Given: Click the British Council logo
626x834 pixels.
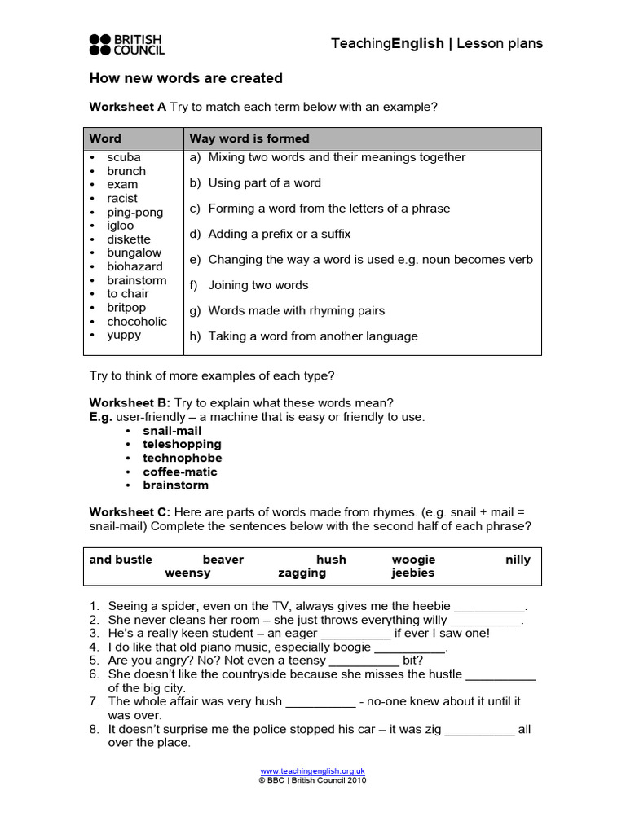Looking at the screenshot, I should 126,45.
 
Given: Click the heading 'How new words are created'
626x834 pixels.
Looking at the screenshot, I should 186,78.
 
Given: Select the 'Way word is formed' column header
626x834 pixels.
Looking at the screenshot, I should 249,138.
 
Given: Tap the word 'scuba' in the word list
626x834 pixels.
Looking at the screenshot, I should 124,157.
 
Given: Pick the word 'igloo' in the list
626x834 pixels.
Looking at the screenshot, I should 121,226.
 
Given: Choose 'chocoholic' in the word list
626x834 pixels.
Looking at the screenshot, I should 137,321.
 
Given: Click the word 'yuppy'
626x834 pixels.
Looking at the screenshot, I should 124,335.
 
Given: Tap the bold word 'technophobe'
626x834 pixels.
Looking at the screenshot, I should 183,458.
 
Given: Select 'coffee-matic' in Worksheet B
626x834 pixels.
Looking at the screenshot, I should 180,472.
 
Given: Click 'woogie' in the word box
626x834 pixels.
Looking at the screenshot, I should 413,560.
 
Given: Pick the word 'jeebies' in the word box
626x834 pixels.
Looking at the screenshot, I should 413,573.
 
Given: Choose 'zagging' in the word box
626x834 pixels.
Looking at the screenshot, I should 302,573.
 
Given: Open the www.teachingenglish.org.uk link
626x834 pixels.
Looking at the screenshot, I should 313,770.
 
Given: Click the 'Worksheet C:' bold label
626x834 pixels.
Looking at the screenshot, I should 130,511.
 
